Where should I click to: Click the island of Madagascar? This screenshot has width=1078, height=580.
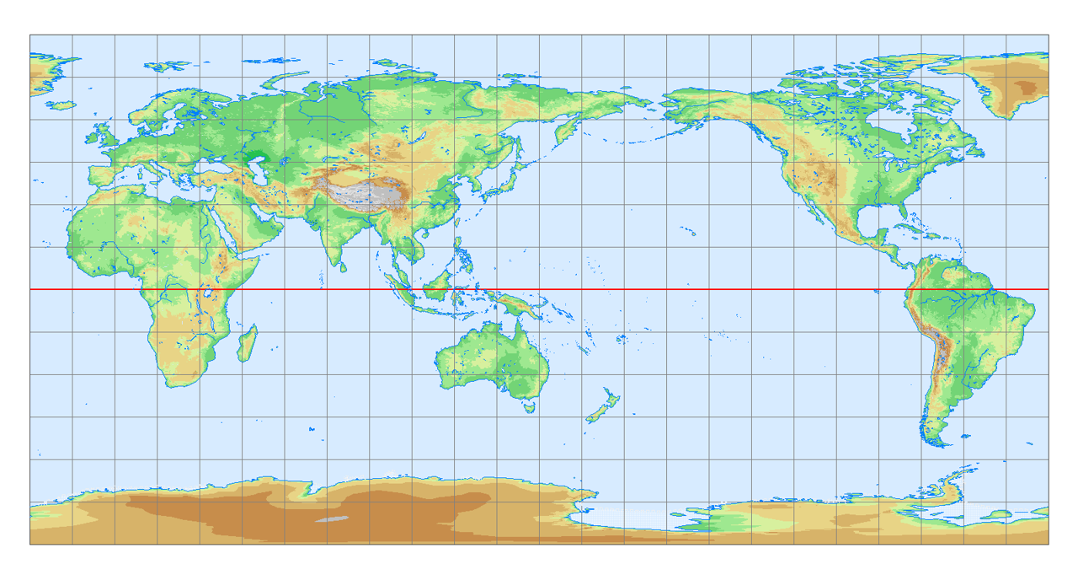coord(247,345)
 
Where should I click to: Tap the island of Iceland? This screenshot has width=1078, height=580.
coord(61,105)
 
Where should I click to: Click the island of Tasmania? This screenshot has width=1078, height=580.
coord(529,406)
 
